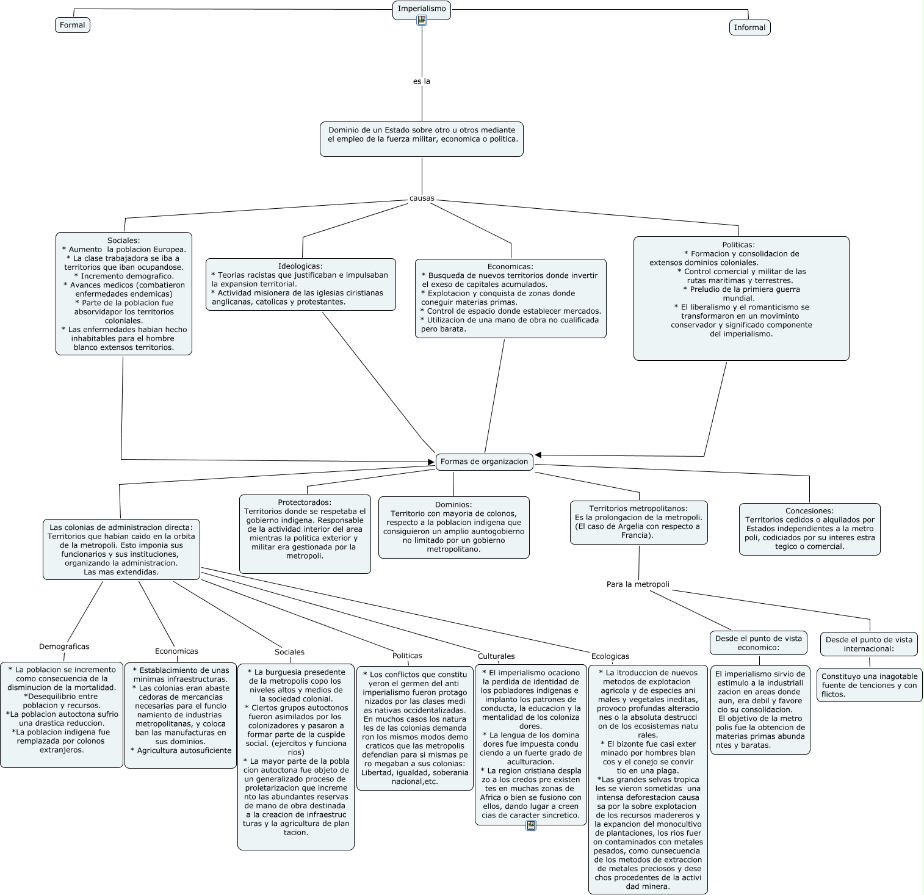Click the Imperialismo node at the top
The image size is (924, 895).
point(421,9)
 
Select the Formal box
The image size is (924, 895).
point(73,25)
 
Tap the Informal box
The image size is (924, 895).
point(749,27)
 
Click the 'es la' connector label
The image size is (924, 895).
point(422,81)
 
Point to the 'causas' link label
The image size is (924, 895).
point(422,198)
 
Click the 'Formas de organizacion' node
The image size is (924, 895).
point(484,462)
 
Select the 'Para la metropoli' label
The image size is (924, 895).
point(638,584)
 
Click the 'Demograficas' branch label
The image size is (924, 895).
point(64,647)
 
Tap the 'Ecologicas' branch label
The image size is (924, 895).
point(610,656)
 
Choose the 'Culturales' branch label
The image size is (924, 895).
point(496,656)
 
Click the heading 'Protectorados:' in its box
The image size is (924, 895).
point(305,502)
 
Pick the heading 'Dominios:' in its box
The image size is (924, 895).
point(453,504)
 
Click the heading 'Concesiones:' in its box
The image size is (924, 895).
point(809,511)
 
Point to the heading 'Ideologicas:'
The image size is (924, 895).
point(300,266)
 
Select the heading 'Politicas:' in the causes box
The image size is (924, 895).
point(741,245)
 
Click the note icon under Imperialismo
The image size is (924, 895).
point(422,20)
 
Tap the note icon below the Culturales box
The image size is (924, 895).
point(531,826)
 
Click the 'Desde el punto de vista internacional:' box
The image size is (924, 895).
point(869,643)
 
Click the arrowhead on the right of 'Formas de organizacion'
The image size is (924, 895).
point(538,455)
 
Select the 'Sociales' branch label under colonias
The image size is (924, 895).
point(289,652)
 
